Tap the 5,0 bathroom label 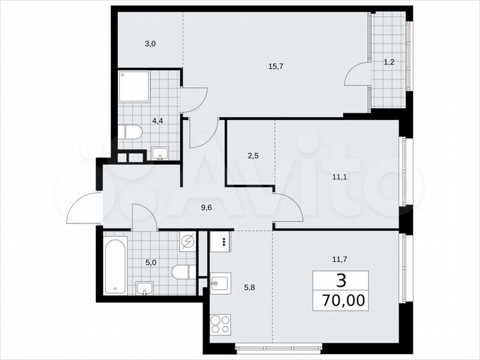tap(151, 262)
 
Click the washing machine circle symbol tap(189, 242)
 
